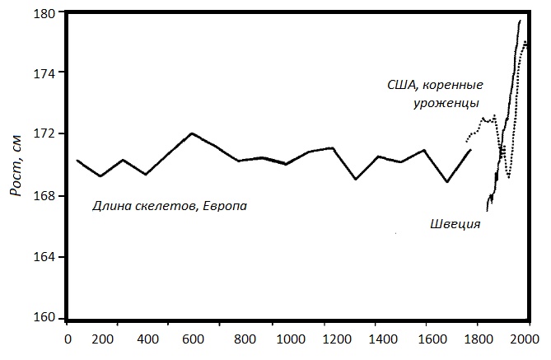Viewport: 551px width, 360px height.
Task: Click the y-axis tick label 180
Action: [43, 14]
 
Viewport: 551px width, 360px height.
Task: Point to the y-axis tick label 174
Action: [43, 73]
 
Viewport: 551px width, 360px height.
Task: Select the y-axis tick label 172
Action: [43, 133]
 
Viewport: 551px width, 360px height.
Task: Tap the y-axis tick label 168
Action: [43, 196]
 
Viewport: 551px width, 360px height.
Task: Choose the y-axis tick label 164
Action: [43, 256]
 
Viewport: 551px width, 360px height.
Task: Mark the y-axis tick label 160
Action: [43, 318]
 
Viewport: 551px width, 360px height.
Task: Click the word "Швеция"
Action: [455, 223]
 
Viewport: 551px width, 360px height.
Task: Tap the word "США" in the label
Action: [403, 85]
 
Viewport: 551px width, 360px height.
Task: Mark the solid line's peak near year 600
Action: [191, 133]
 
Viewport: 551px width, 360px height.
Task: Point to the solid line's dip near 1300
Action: [356, 179]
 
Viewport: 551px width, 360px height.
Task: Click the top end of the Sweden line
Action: [520, 21]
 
